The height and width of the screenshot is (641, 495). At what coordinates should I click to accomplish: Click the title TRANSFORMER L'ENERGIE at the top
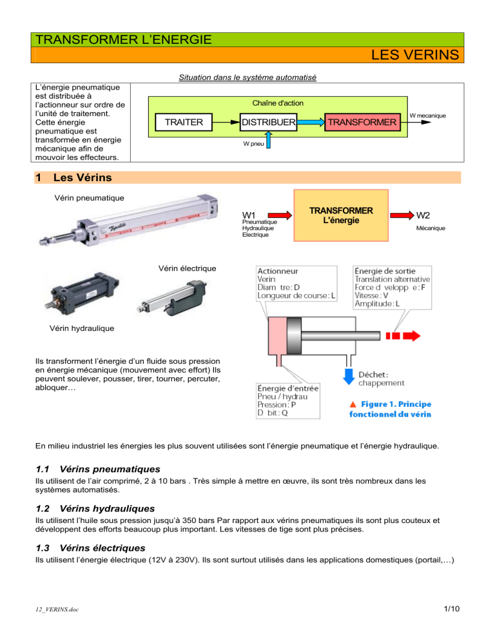(122, 39)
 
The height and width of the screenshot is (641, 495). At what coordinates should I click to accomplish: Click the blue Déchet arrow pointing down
(349, 373)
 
